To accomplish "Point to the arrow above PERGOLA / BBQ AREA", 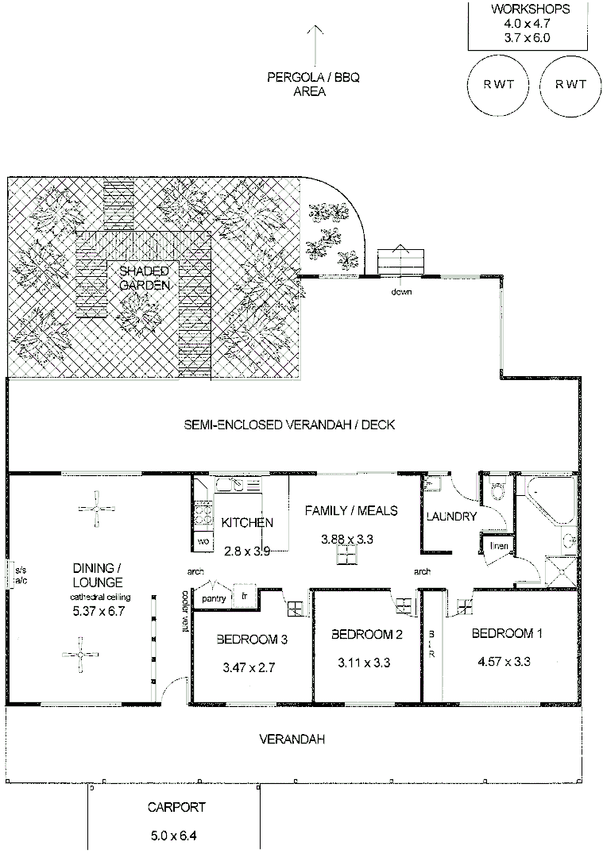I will tap(315, 44).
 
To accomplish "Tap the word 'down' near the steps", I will tap(401, 291).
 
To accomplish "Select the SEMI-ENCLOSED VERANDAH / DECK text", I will tap(289, 425).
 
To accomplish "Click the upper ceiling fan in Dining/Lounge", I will tap(96, 509).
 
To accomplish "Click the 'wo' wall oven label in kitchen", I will tap(203, 541).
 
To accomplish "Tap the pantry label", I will tap(215, 598).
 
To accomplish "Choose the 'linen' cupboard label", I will tap(498, 546).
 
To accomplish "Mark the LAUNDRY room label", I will tap(450, 517).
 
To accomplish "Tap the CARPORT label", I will tap(176, 808).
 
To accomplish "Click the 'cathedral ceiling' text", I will tap(99, 597).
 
